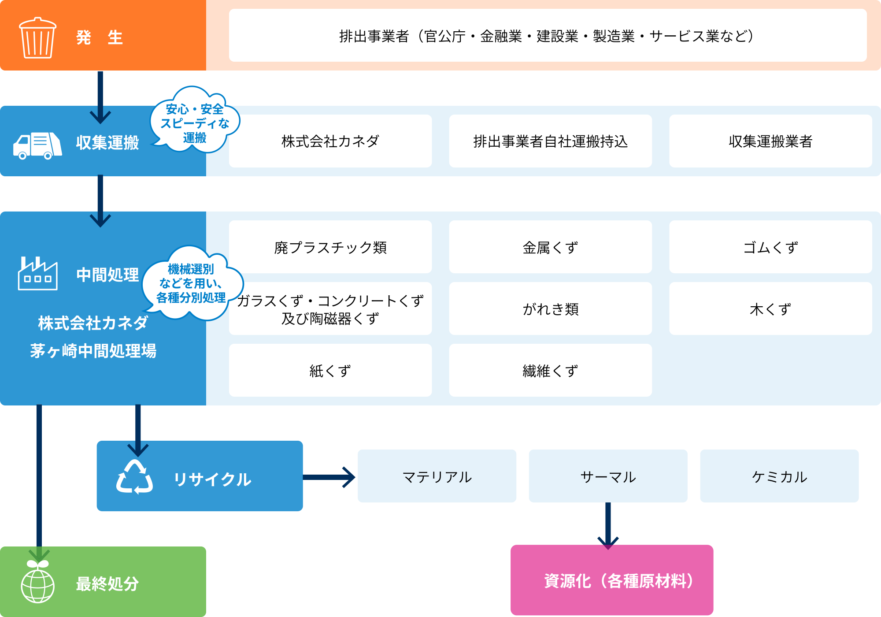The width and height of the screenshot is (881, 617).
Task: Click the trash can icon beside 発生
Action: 37,38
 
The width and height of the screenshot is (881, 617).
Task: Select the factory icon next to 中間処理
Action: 37,274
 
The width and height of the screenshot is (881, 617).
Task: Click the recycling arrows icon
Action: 134,477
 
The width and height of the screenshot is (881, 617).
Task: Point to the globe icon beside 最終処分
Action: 38,584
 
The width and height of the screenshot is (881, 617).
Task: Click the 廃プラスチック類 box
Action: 330,247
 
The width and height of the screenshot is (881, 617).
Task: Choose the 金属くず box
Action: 550,247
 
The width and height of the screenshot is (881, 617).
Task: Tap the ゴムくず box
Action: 770,247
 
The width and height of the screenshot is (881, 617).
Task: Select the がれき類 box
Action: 550,308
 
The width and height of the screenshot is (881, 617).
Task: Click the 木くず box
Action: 770,308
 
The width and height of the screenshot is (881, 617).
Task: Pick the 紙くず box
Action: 330,370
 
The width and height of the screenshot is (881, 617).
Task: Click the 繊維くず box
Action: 550,370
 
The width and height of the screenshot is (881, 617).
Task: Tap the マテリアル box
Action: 437,476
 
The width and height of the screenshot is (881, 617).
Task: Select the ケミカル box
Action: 779,476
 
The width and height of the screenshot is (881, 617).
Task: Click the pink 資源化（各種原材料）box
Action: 612,580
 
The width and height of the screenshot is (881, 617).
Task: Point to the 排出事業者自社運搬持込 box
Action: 550,141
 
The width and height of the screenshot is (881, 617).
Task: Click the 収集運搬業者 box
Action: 770,141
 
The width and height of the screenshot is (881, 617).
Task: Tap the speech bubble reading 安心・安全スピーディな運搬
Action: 194,121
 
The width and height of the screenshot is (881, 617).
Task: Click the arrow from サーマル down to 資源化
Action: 608,524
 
